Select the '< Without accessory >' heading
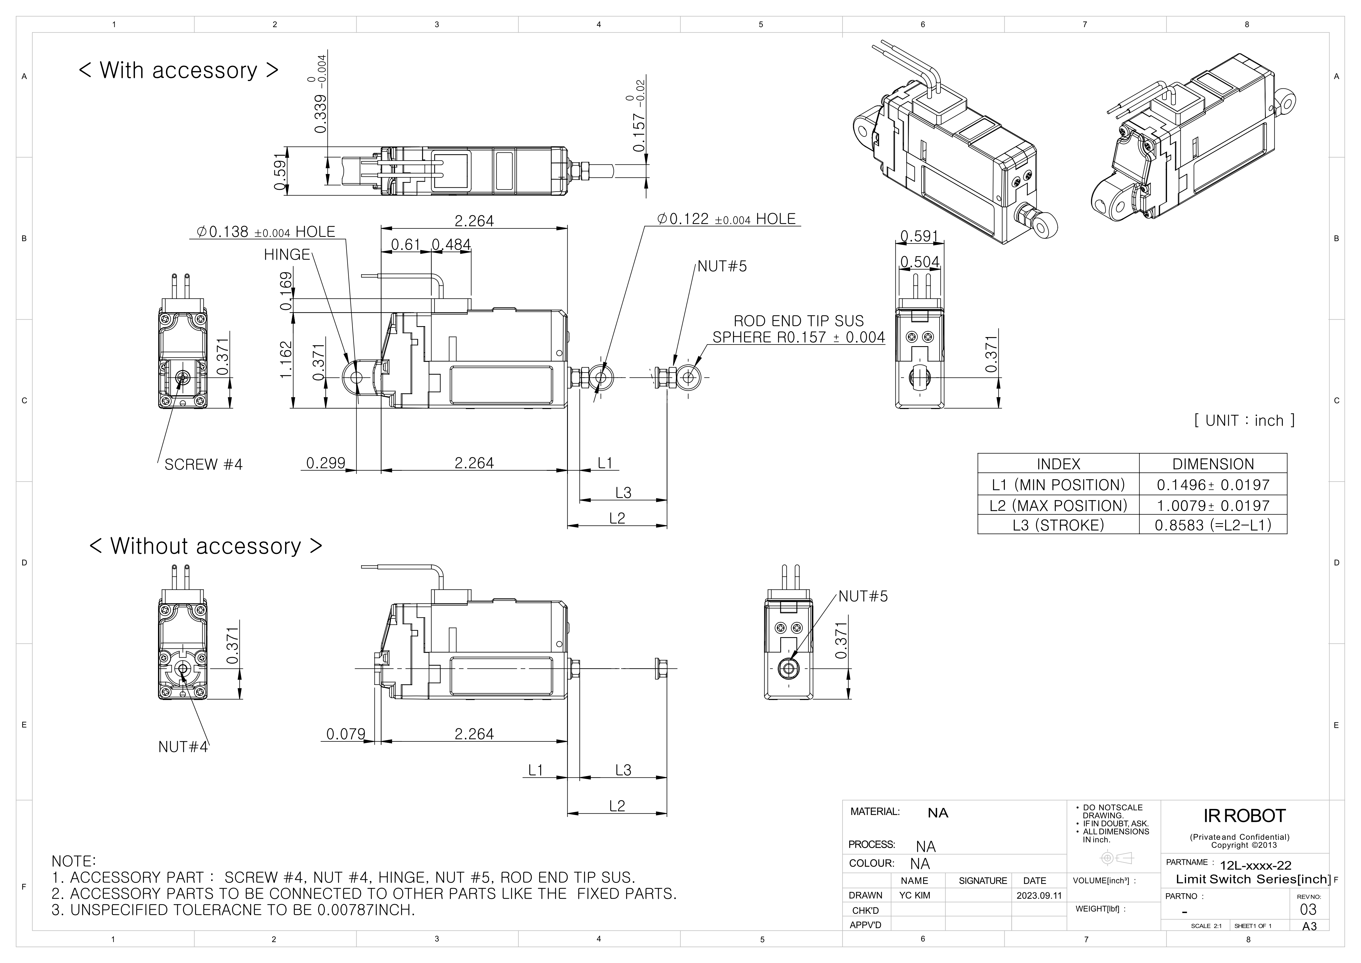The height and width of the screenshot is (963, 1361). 206,546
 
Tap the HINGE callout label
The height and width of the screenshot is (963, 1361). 287,255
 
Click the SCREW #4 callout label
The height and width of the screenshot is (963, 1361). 203,464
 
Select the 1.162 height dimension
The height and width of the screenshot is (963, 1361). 286,359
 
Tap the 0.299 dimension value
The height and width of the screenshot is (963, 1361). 325,463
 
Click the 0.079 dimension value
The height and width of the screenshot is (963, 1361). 346,734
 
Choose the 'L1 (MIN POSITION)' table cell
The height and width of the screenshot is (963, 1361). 1058,485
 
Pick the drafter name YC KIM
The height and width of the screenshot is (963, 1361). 915,895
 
